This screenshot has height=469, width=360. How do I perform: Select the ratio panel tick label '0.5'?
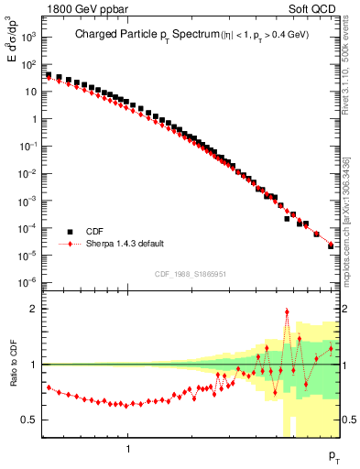pos(32,420)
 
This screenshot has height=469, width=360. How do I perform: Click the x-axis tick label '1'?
pos(128,450)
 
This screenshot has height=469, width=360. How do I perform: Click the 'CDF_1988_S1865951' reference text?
pos(191,272)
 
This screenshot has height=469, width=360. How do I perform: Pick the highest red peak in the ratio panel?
pos(287,311)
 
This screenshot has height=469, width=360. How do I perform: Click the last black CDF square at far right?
pos(331,245)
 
